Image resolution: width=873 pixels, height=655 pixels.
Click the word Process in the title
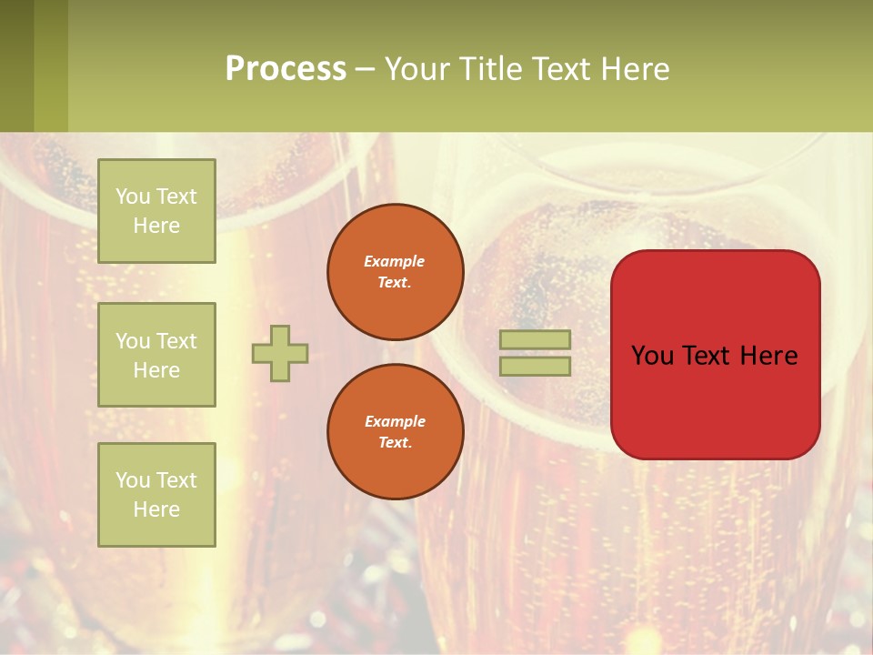tap(286, 69)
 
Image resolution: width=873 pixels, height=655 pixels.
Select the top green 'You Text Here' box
tap(156, 211)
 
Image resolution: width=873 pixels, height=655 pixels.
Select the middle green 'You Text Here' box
tap(156, 355)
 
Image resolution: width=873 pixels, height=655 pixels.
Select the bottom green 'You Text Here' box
tap(156, 495)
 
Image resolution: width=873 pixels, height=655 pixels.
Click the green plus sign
tap(280, 353)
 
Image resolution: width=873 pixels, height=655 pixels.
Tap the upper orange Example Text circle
tap(395, 272)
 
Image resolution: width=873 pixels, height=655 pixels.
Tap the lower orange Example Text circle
tap(395, 432)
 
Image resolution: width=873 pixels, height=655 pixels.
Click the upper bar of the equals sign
tap(535, 340)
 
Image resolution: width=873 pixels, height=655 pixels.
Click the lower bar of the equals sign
tap(535, 366)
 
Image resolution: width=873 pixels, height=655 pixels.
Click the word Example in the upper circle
tap(395, 261)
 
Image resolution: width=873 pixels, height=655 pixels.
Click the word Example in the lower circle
tap(395, 421)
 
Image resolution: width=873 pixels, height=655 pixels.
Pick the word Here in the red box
tap(768, 356)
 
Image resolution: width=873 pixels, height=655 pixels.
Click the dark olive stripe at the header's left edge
tap(16, 65)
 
